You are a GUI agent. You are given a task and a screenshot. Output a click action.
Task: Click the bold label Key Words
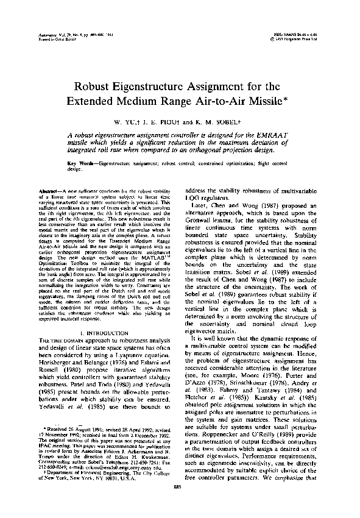[x=80, y=163]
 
